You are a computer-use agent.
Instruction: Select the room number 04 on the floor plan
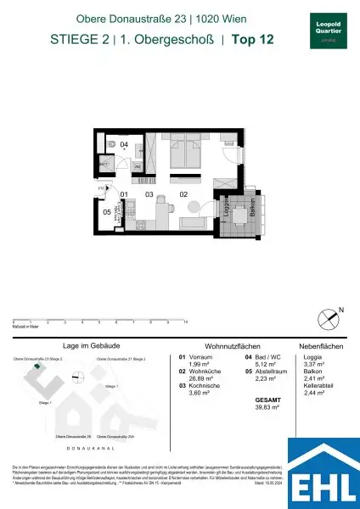click(x=124, y=146)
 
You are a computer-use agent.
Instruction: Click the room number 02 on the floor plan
click(x=183, y=194)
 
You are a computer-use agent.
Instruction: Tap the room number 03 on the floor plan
click(x=149, y=194)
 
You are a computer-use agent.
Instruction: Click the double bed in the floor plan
click(x=184, y=154)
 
